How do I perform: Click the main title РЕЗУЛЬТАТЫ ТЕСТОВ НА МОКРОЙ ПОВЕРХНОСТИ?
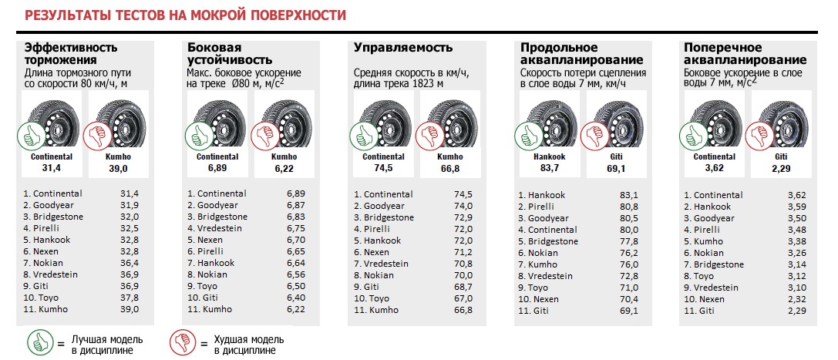click(186, 15)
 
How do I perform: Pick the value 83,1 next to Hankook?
click(629, 195)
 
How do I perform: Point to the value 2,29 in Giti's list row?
click(795, 311)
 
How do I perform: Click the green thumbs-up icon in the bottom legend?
click(39, 342)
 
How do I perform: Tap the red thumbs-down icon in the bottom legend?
click(183, 342)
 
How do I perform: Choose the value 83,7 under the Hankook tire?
click(548, 167)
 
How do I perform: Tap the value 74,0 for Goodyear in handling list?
click(463, 206)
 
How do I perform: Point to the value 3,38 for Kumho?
click(795, 241)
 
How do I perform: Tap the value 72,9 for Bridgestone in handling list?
click(463, 217)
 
